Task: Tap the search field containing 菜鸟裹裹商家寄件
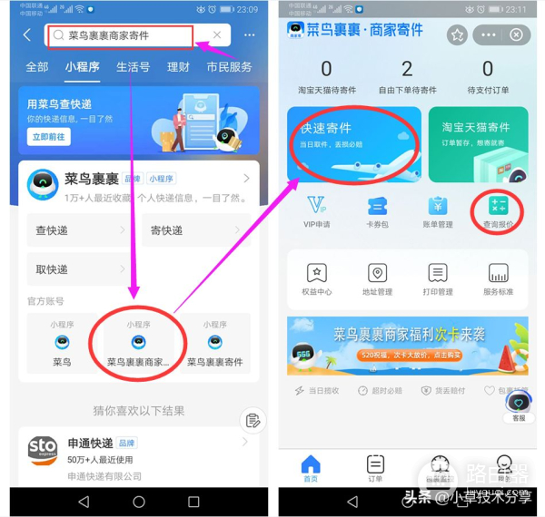(x=127, y=35)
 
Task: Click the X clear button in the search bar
(x=217, y=35)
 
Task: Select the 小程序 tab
(x=82, y=67)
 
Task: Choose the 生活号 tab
(x=133, y=67)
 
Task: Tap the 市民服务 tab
(x=229, y=67)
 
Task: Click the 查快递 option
(x=78, y=230)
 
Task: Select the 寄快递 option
(x=193, y=230)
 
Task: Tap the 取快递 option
(x=78, y=269)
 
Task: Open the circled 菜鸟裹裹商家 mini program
(x=138, y=343)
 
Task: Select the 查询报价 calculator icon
(x=498, y=206)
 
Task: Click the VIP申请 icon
(x=317, y=206)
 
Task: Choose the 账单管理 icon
(x=438, y=206)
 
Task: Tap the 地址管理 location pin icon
(x=377, y=273)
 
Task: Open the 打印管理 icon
(x=438, y=273)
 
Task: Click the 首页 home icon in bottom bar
(x=311, y=464)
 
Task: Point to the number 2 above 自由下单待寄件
(x=407, y=69)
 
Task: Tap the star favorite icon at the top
(x=457, y=35)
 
